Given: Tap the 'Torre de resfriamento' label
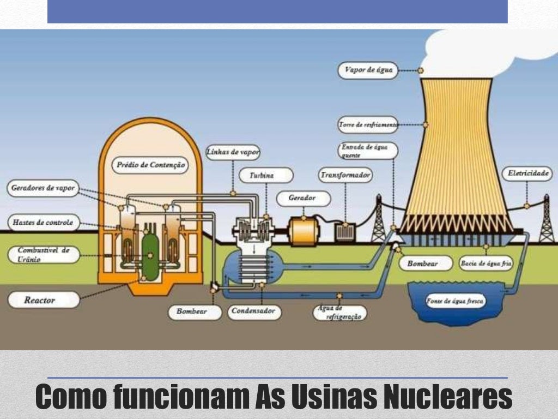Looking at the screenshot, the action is pyautogui.click(x=368, y=124).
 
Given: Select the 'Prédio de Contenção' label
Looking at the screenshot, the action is pyautogui.click(x=149, y=165).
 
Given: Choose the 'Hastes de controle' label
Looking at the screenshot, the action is pyautogui.click(x=43, y=223).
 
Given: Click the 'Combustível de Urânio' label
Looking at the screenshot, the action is pyautogui.click(x=44, y=254).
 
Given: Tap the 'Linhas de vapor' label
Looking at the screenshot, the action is pyautogui.click(x=233, y=152).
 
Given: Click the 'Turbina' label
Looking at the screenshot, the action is pyautogui.click(x=265, y=175).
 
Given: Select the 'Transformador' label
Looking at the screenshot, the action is pyautogui.click(x=345, y=175).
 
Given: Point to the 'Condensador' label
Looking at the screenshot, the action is pyautogui.click(x=254, y=312).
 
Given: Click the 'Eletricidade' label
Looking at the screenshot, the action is pyautogui.click(x=527, y=174).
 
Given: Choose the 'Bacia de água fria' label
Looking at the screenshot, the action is pyautogui.click(x=486, y=264).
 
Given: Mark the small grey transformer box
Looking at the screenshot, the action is pyautogui.click(x=345, y=231).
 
